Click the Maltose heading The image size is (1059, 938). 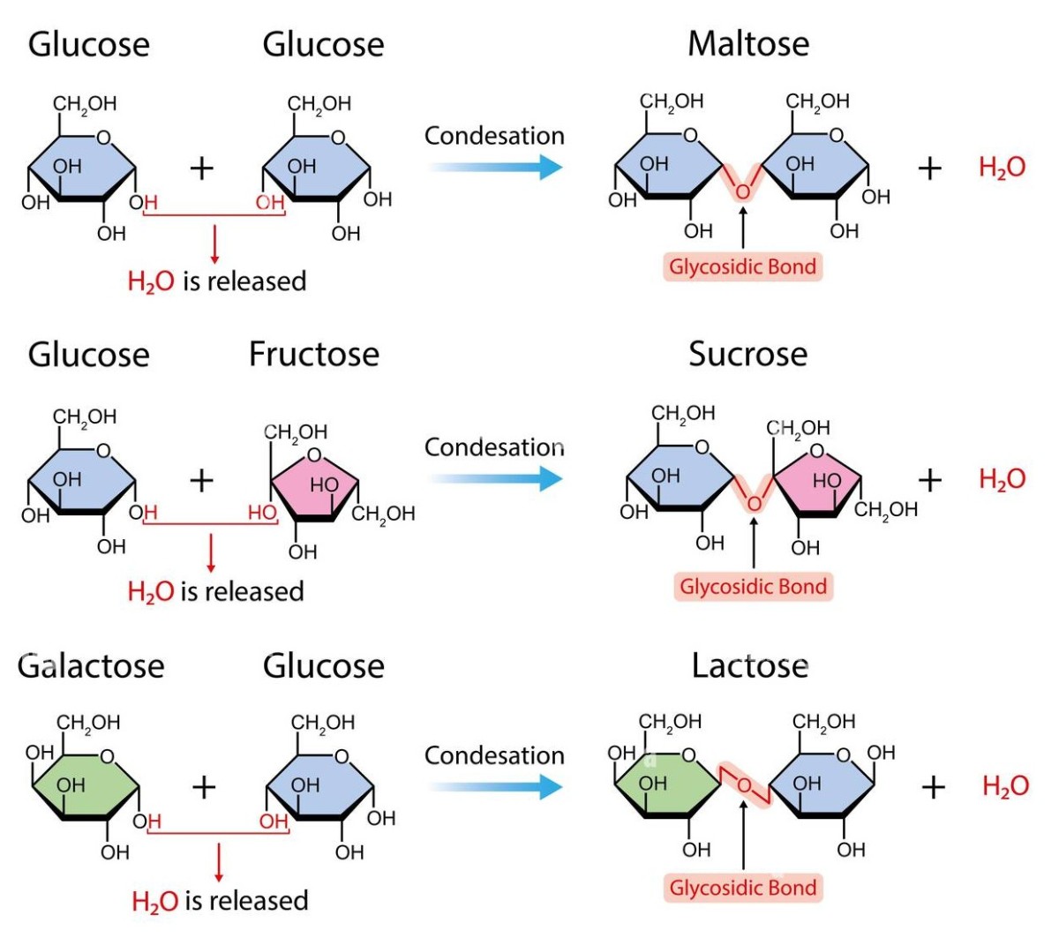tap(748, 44)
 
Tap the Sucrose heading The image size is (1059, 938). tap(747, 354)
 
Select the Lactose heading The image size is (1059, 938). tap(749, 665)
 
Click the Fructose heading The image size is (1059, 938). tap(313, 354)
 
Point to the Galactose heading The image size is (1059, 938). tap(91, 665)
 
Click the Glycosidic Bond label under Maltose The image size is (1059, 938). tap(742, 266)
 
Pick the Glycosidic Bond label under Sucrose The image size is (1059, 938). tap(753, 587)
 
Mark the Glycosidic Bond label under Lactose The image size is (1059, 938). tap(743, 888)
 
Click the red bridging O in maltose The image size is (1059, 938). tap(743, 191)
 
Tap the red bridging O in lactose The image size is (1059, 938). tap(745, 785)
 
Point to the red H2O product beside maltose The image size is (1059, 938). tap(1002, 168)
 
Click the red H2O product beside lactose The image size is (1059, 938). tap(1005, 786)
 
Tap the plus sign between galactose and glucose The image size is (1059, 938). tap(204, 786)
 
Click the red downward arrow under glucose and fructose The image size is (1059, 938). tap(211, 552)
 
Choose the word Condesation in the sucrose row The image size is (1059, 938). tap(494, 447)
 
